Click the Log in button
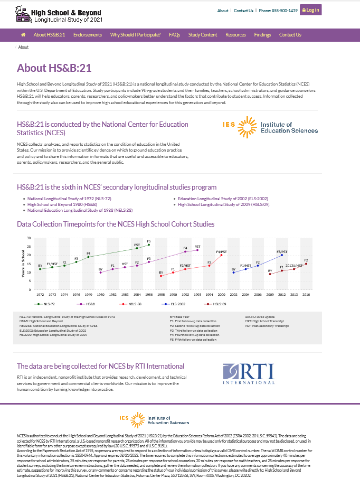[311, 10]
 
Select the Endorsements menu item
[88, 35]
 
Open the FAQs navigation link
[174, 35]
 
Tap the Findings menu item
[262, 35]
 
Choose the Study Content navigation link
[202, 35]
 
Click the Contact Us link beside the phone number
[243, 11]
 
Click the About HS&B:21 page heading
[54, 68]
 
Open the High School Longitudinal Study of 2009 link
[223, 204]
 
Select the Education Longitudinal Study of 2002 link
[216, 199]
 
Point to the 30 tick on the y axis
[30, 238]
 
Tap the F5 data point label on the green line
[149, 241]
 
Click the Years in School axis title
[23, 263]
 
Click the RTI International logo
[249, 373]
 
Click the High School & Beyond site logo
[59, 16]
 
